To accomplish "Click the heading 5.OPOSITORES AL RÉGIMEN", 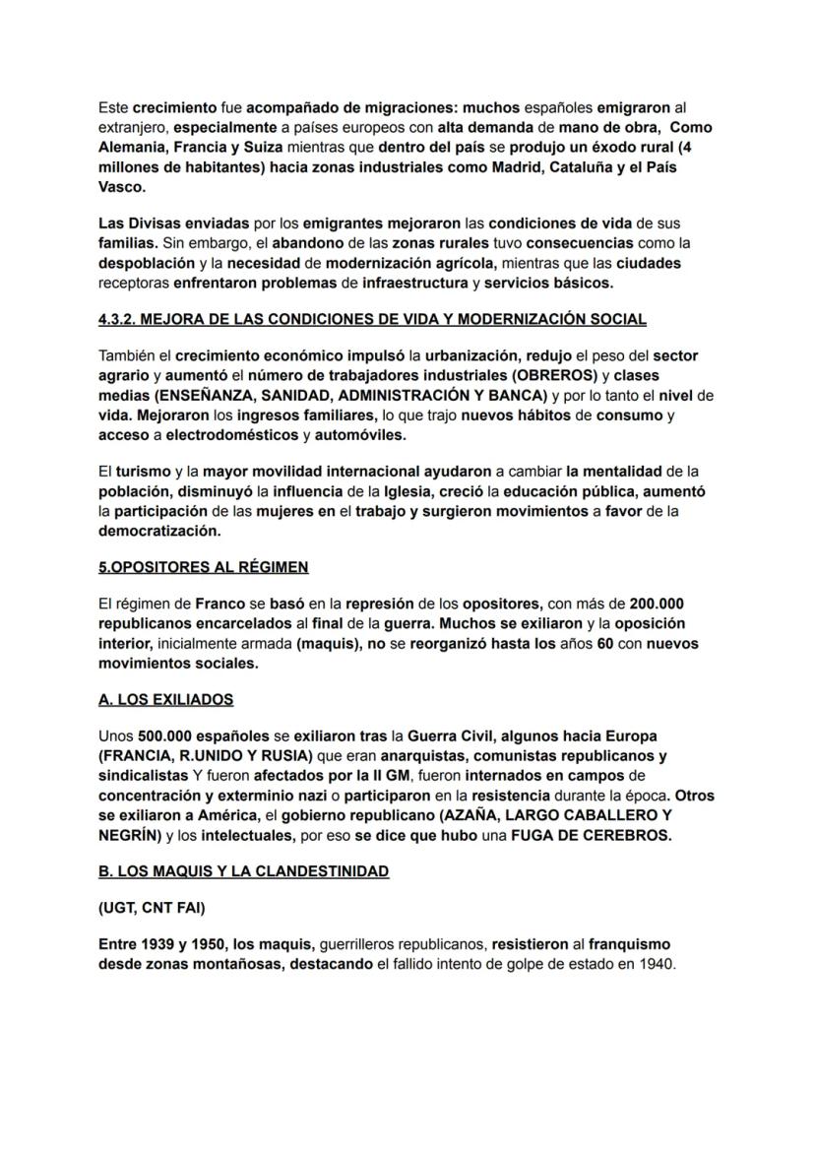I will (204, 567).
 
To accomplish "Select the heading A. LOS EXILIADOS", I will (166, 699).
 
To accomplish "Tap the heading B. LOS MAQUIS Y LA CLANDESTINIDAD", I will (243, 870).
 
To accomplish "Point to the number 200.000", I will (658, 604).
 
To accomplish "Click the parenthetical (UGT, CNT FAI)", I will (153, 908).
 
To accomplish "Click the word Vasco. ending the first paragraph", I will (122, 186).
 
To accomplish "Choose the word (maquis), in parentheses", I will (330, 643).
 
